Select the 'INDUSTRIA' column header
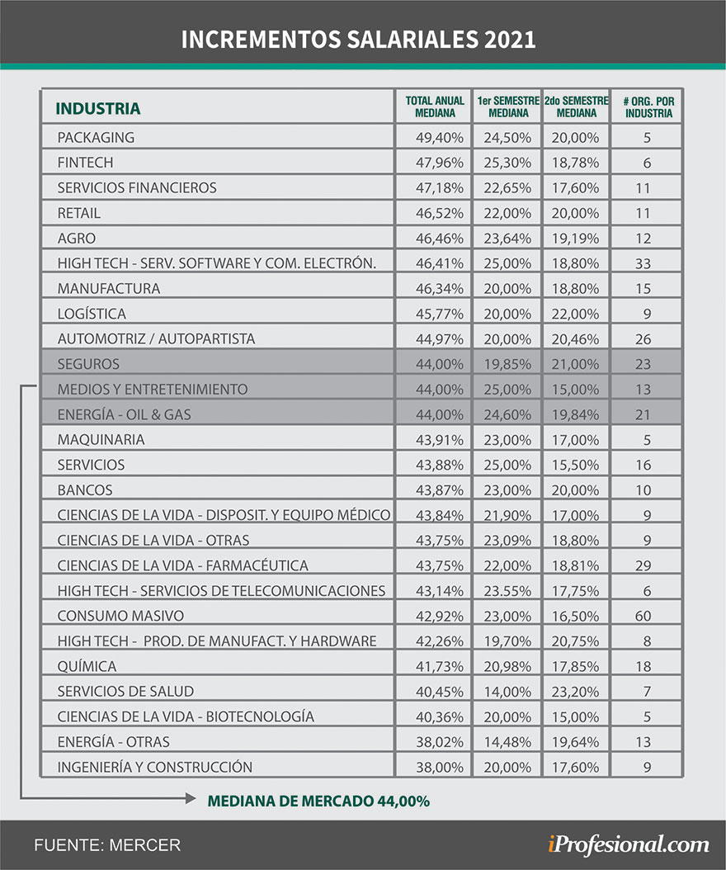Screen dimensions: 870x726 97,109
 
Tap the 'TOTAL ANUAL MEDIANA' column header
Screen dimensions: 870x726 434,106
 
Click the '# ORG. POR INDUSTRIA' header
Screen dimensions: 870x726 648,106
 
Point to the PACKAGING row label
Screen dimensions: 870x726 96,137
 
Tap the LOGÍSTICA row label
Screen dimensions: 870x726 91,314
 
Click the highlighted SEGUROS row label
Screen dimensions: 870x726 88,364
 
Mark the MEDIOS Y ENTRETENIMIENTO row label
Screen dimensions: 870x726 152,389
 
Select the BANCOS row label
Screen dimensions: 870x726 85,489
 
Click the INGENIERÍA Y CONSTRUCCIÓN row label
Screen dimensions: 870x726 154,767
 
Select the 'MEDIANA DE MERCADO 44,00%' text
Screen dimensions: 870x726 318,801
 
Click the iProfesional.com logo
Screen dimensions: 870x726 628,844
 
